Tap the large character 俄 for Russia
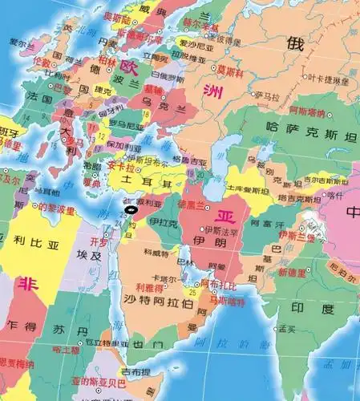pos(297,44)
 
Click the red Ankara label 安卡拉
pos(117,166)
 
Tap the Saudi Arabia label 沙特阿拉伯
pos(158,303)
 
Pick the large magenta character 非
pos(28,284)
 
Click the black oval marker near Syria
pos(131,210)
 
